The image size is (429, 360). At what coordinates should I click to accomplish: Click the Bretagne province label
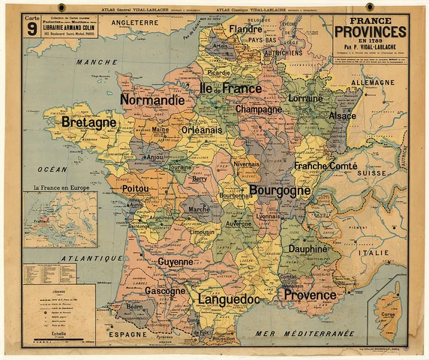(x=88, y=121)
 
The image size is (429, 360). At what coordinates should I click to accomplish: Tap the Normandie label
(x=152, y=100)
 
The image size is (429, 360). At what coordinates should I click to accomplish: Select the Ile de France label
(x=230, y=88)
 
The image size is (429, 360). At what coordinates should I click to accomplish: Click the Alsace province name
(x=342, y=116)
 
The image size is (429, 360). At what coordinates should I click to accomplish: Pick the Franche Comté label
(x=325, y=165)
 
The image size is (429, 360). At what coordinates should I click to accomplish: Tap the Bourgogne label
(x=279, y=190)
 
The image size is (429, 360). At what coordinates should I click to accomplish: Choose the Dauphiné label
(x=309, y=248)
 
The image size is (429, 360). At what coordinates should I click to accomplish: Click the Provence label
(x=310, y=295)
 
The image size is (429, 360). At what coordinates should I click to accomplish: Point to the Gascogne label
(x=166, y=290)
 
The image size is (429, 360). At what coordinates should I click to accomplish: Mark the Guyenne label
(x=175, y=262)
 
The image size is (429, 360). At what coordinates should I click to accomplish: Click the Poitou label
(x=135, y=189)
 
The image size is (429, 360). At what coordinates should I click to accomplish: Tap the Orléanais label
(x=201, y=129)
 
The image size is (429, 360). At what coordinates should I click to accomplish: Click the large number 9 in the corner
(x=31, y=29)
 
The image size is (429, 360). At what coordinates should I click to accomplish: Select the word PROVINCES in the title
(x=370, y=31)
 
